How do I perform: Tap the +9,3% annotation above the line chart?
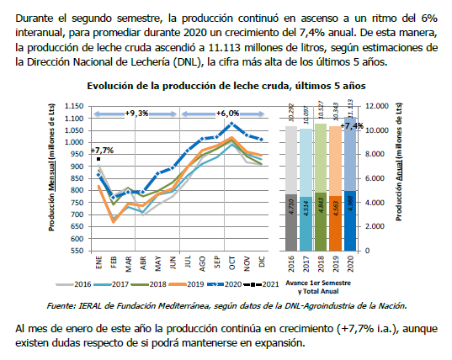(136, 113)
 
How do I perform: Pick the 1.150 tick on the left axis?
(75, 107)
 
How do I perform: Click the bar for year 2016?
(290, 188)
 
